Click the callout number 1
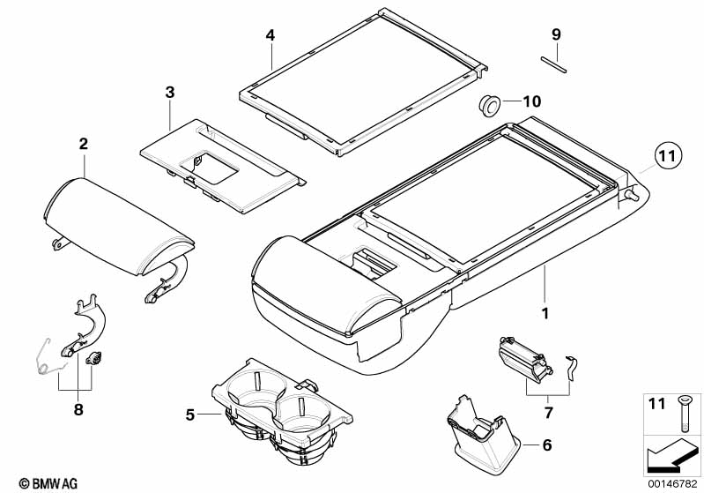(545, 313)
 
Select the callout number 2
(83, 144)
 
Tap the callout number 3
(170, 92)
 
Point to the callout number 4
(270, 35)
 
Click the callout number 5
(190, 413)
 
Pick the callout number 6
(546, 445)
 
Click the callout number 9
(556, 34)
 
